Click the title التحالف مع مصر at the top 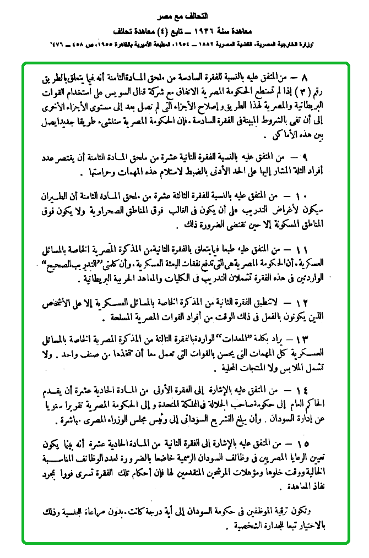(x=184, y=12)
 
